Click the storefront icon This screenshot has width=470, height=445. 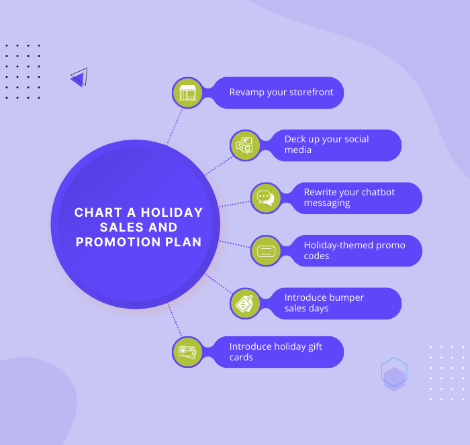click(187, 93)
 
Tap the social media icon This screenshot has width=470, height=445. click(244, 146)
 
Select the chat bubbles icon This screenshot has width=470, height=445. click(266, 198)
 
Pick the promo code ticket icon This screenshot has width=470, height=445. click(266, 251)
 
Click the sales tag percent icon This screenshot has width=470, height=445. click(244, 303)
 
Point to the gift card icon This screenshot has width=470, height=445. click(187, 352)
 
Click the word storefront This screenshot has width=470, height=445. click(311, 92)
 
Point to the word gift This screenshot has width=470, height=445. click(316, 347)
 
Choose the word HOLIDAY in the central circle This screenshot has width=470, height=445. click(172, 213)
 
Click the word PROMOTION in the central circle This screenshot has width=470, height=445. click(118, 242)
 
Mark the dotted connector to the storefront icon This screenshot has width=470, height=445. click(175, 127)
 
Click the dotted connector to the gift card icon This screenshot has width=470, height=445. click(175, 320)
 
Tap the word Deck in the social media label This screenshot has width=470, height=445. click(295, 140)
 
